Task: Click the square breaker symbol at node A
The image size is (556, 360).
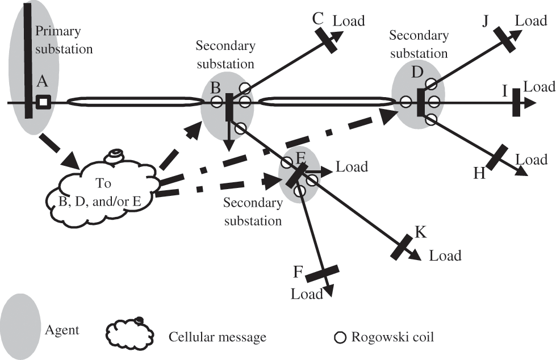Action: (x=43, y=102)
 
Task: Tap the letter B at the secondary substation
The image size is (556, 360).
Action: (x=216, y=89)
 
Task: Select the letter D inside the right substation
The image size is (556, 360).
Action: (x=417, y=73)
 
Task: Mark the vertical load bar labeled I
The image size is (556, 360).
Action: (x=516, y=102)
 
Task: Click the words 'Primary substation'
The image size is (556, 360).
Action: (x=63, y=40)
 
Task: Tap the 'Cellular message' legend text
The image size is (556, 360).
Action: (x=218, y=337)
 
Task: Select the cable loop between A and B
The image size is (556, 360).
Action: (x=135, y=102)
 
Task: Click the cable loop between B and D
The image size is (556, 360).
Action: (x=325, y=102)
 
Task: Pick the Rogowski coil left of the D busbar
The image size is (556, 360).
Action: (x=405, y=102)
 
